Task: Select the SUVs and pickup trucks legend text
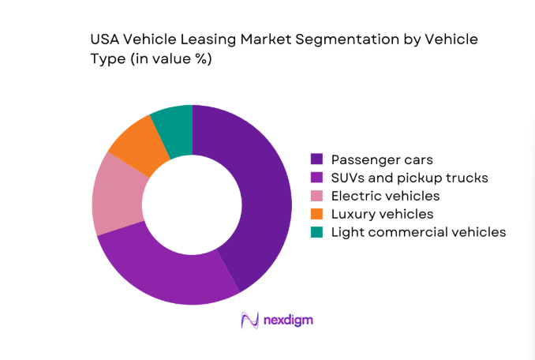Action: [x=410, y=177]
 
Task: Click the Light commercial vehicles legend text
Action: [x=418, y=231]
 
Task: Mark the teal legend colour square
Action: [x=317, y=231]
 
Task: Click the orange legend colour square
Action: [x=317, y=213]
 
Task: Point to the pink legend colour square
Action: [x=317, y=195]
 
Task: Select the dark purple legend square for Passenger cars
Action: [x=317, y=159]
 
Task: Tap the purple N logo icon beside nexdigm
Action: [x=250, y=320]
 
